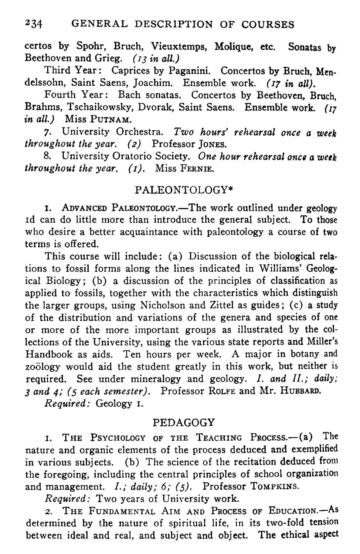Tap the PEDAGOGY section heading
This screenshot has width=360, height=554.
[183, 422]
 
